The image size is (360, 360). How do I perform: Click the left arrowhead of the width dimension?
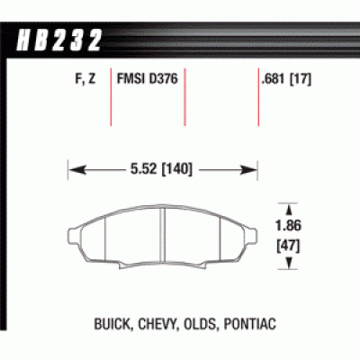point(74,167)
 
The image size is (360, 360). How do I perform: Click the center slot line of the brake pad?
point(160,241)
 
